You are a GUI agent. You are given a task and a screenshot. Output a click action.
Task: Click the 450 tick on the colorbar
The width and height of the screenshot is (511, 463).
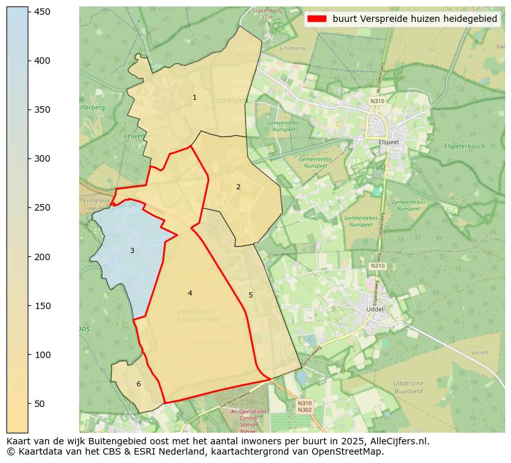(28, 12)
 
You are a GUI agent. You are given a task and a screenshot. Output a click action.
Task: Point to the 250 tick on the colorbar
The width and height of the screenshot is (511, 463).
(28, 207)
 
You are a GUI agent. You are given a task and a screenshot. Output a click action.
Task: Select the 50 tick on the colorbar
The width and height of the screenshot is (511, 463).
(28, 404)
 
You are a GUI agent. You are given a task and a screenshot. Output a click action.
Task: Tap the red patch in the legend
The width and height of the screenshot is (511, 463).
(318, 19)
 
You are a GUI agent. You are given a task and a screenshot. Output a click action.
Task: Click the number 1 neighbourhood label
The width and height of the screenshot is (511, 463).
(194, 97)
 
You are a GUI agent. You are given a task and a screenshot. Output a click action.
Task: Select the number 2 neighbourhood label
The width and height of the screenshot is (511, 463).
(238, 187)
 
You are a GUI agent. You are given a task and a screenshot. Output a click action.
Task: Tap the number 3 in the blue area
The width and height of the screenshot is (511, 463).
(132, 250)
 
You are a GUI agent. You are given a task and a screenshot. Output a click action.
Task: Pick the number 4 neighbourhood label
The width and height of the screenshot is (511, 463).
(190, 293)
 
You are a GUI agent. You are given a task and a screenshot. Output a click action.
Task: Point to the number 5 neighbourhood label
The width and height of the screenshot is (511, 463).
(250, 295)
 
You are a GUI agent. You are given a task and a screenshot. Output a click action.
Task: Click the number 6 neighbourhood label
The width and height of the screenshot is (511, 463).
(138, 384)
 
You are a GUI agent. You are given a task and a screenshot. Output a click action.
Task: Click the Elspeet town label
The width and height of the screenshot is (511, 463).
(389, 142)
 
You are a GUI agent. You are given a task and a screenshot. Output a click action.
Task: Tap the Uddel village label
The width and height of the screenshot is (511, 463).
(374, 308)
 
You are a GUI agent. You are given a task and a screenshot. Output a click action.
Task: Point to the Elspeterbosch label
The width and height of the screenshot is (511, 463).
(463, 146)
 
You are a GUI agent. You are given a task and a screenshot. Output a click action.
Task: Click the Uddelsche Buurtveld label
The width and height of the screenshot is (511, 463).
(408, 387)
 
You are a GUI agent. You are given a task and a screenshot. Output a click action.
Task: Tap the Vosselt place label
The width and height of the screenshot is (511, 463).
(479, 353)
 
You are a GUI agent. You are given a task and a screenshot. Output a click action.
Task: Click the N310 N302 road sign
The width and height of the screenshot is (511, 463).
(304, 406)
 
